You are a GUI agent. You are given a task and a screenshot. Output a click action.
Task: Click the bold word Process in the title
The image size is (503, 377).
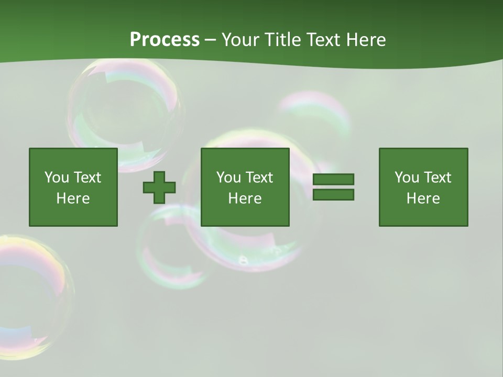(165, 40)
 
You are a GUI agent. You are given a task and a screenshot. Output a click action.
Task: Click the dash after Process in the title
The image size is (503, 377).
(210, 40)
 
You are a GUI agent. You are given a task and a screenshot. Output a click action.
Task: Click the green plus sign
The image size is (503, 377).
(159, 187)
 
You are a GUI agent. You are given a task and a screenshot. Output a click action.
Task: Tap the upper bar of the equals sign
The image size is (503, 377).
(333, 179)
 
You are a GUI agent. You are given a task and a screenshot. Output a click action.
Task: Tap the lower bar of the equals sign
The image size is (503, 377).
(333, 194)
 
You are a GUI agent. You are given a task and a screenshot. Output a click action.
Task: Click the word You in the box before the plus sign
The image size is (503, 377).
(57, 178)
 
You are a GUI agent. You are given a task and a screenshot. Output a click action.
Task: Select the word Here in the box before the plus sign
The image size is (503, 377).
(73, 198)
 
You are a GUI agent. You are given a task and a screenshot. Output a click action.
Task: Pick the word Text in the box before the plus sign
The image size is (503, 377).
(87, 178)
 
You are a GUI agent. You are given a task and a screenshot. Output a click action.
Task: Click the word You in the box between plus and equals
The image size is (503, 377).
(228, 178)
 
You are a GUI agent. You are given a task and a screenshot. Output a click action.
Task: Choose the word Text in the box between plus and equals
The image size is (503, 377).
(259, 178)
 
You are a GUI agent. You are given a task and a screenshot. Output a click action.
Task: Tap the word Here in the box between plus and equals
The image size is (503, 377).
(245, 198)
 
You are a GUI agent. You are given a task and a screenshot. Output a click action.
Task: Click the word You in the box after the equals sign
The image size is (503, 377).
(407, 178)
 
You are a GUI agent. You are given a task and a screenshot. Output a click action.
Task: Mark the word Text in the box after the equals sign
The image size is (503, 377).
(437, 178)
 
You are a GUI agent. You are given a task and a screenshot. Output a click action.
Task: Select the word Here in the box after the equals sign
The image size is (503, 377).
(423, 198)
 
